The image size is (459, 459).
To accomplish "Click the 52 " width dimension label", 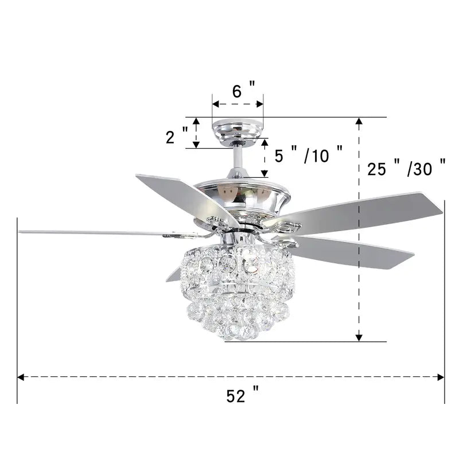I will pyautogui.click(x=242, y=396).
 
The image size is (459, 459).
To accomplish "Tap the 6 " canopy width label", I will pyautogui.click(x=243, y=90).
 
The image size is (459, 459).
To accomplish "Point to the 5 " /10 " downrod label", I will pyautogui.click(x=309, y=155).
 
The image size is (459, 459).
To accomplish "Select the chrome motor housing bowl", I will pyautogui.click(x=241, y=198).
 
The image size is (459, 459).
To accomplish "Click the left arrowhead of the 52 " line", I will pyautogui.click(x=21, y=377).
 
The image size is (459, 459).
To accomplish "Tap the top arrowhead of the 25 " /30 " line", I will pyautogui.click(x=359, y=121).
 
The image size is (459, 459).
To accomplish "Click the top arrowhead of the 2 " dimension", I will pyautogui.click(x=196, y=121).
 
